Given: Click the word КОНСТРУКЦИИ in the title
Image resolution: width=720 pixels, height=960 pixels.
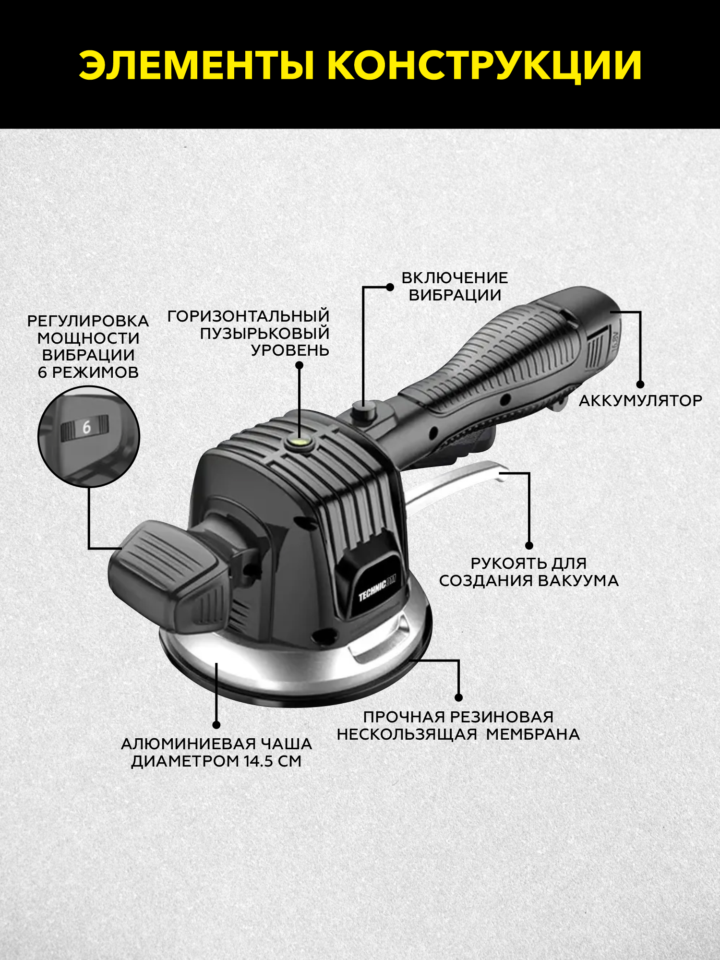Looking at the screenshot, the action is point(484,66).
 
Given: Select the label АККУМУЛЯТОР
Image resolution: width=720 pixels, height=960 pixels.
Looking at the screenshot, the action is point(640,400).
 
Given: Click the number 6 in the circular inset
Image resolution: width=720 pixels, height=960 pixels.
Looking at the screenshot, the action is point(86,427).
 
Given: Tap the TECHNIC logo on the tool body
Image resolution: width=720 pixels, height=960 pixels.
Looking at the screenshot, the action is point(377,588).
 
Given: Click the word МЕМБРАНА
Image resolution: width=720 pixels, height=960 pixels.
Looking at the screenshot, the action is point(533,734).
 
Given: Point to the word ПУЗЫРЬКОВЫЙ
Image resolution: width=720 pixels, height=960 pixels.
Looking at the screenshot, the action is point(264,333).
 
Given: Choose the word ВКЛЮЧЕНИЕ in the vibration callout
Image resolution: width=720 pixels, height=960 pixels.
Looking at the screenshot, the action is point(455,278).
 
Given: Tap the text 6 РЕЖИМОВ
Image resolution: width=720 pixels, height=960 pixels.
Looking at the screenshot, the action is point(88,372).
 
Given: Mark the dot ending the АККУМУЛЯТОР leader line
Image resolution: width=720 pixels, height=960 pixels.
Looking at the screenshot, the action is point(640,384).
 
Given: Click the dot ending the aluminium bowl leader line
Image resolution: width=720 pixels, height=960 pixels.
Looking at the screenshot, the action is point(216,725).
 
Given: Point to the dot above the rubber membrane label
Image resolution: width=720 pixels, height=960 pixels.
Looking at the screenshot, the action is point(458,697).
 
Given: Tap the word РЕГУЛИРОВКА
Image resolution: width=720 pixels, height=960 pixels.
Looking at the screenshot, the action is point(88,321).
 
